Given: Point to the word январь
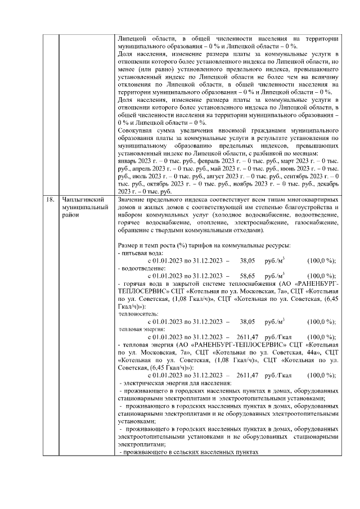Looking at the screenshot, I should pyautogui.click(x=128, y=161).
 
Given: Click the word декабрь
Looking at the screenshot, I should pyautogui.click(x=326, y=183).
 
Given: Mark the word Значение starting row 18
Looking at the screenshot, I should pyautogui.click(x=134, y=200).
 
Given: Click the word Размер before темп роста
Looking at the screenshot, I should pyautogui.click(x=129, y=246).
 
